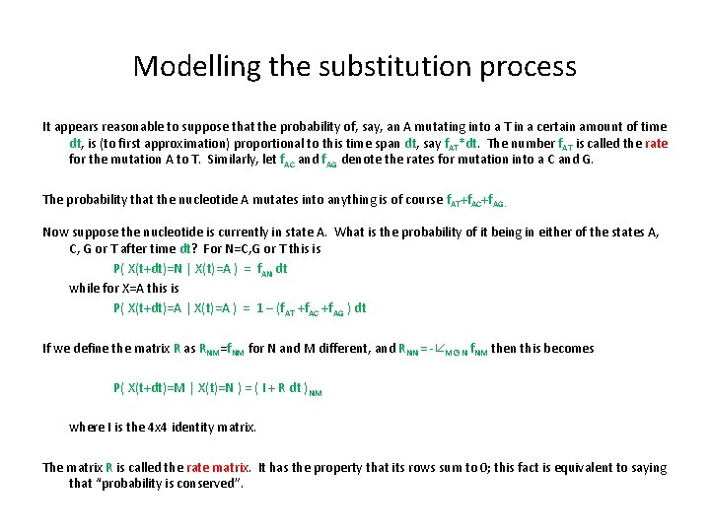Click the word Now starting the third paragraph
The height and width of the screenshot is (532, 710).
(55, 233)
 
